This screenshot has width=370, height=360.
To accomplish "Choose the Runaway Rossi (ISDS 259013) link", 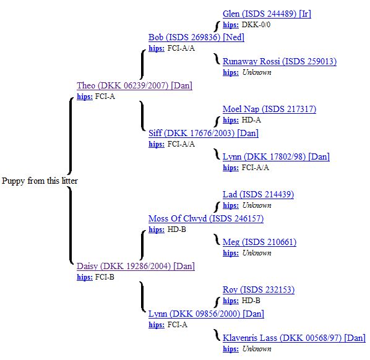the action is pyautogui.click(x=280, y=61).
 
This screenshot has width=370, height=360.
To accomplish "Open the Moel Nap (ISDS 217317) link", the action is pyautogui.click(x=270, y=109).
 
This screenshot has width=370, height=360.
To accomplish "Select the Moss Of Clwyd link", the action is pyautogui.click(x=206, y=218).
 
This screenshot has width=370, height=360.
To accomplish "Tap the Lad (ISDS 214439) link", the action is pyautogui.click(x=259, y=194).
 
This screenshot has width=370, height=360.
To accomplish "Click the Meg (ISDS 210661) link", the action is pyautogui.click(x=260, y=242).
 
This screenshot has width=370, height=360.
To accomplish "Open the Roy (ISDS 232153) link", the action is pyautogui.click(x=259, y=289).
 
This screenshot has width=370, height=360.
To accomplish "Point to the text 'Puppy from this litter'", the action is pyautogui.click(x=40, y=181).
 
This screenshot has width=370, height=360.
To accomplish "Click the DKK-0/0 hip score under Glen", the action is pyautogui.click(x=256, y=25).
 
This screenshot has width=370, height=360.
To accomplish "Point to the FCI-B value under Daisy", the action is pyautogui.click(x=105, y=277).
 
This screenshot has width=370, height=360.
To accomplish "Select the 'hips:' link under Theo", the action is pyautogui.click(x=85, y=96).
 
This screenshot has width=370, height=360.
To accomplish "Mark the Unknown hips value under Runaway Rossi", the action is pyautogui.click(x=257, y=72).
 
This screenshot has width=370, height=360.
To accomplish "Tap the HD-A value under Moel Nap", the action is pyautogui.click(x=251, y=120).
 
